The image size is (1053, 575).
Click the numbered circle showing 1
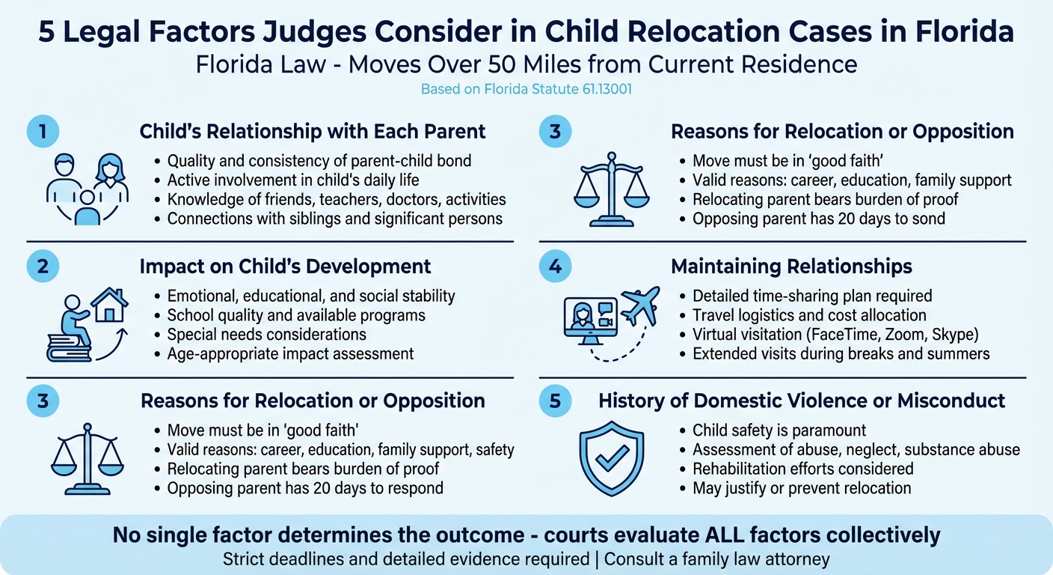click(x=43, y=132)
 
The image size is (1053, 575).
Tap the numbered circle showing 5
click(x=555, y=401)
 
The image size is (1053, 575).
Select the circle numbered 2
click(x=43, y=267)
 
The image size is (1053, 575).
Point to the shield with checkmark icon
click(x=611, y=459)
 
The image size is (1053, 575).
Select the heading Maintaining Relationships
click(x=791, y=267)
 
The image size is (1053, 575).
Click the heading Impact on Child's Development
click(x=285, y=267)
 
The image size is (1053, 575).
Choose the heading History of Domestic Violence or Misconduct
click(x=802, y=401)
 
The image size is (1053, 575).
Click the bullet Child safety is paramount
click(x=779, y=431)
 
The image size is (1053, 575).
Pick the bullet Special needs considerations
click(x=266, y=334)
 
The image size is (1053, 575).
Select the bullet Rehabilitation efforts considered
click(x=802, y=469)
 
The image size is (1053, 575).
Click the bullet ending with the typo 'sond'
click(x=819, y=219)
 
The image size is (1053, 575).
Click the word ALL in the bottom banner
click(x=716, y=535)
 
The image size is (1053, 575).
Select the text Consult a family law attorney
click(x=717, y=559)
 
